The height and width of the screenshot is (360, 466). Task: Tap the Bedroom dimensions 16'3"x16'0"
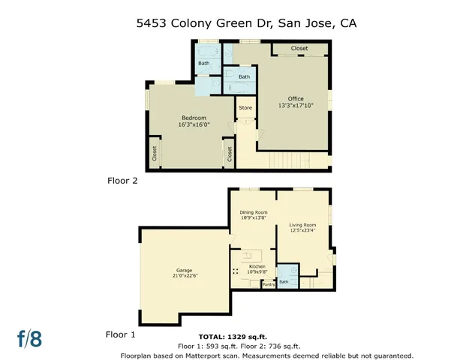tap(194, 124)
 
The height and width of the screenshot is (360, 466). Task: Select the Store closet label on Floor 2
tap(245, 108)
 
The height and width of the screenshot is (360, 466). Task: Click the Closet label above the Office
tap(299, 49)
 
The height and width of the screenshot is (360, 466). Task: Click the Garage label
tap(185, 270)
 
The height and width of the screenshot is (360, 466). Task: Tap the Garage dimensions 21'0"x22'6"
tap(185, 276)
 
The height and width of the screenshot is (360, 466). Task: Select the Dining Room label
tap(253, 212)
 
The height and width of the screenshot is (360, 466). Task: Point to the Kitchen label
tap(257, 265)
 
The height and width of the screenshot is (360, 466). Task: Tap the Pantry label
tap(268, 284)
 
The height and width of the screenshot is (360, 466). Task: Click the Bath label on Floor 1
tap(284, 282)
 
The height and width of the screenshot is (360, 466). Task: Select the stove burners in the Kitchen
tap(236, 271)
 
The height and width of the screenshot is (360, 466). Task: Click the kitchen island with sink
tap(254, 253)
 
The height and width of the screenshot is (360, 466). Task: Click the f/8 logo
tap(30, 338)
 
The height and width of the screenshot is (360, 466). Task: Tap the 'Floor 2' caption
tap(121, 180)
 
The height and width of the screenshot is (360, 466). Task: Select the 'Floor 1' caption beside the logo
tap(121, 335)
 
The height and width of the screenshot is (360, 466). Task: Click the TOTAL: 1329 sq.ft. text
tap(233, 337)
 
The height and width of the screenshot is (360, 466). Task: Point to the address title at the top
tap(233, 23)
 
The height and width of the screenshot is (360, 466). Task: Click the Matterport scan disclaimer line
tap(267, 355)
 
